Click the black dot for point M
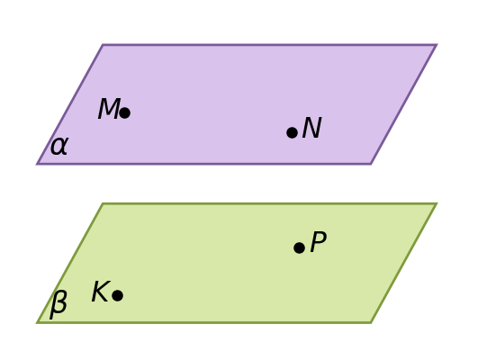(124, 112)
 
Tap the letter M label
(109, 108)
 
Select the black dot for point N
(292, 132)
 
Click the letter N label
(311, 128)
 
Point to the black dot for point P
(299, 247)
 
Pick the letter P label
(319, 241)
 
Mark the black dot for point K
(117, 295)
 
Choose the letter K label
(101, 291)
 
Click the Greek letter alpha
(59, 146)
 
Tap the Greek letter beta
(59, 305)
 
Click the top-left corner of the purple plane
(103, 45)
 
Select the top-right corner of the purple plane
(437, 45)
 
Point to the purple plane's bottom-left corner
(37, 164)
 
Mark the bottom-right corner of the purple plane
(371, 164)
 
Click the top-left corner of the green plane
(103, 203)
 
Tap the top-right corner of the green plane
(437, 203)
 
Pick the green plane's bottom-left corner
(37, 323)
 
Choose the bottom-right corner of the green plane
(371, 323)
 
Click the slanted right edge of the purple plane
(404, 104)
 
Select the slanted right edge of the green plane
(404, 263)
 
